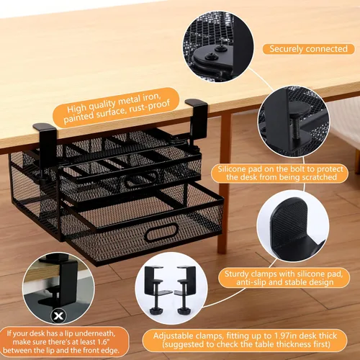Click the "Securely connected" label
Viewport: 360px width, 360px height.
click(x=308, y=49)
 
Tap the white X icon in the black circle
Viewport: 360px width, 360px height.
click(x=58, y=315)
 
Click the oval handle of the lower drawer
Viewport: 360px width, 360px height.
click(x=161, y=232)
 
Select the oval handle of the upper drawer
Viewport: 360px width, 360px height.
click(x=142, y=179)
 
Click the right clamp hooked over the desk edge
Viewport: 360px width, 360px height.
click(x=198, y=120)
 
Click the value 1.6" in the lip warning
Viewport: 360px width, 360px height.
click(x=101, y=342)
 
